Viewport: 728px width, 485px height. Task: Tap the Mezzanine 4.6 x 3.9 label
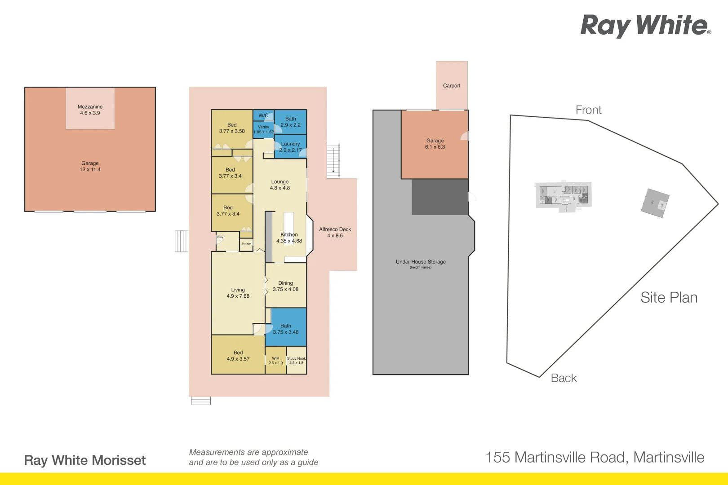pyautogui.click(x=90, y=110)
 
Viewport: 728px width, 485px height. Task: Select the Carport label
pyautogui.click(x=452, y=86)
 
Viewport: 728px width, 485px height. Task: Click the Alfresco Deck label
pyautogui.click(x=335, y=232)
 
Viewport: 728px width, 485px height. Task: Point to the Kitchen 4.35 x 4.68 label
pyautogui.click(x=289, y=238)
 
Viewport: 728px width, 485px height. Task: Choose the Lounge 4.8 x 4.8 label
pyautogui.click(x=280, y=185)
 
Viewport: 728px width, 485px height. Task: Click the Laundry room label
pyautogui.click(x=290, y=147)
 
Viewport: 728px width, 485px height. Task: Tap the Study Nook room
pyautogui.click(x=296, y=360)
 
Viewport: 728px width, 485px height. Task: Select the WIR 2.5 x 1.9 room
pyautogui.click(x=275, y=360)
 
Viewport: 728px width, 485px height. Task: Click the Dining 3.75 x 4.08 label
pyautogui.click(x=285, y=286)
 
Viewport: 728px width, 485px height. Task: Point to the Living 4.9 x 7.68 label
pyautogui.click(x=238, y=293)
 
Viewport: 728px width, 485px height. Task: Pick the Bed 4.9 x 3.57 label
pyautogui.click(x=238, y=356)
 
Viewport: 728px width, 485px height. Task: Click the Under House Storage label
pyautogui.click(x=421, y=262)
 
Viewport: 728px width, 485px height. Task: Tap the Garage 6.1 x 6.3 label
pyautogui.click(x=435, y=144)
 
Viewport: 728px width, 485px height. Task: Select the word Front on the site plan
pyautogui.click(x=588, y=110)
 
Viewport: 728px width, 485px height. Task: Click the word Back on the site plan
pyautogui.click(x=564, y=378)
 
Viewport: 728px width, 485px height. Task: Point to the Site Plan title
pyautogui.click(x=669, y=297)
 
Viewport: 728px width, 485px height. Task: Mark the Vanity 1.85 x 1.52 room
pyautogui.click(x=263, y=129)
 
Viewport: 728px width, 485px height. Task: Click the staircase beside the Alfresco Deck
pyautogui.click(x=333, y=160)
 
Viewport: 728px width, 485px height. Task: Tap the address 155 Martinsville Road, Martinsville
pyautogui.click(x=595, y=457)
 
